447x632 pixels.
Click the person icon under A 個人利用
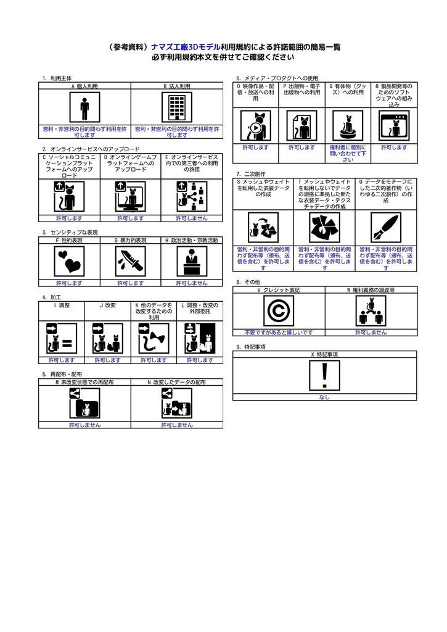(x=84, y=109)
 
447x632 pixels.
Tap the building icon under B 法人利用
(x=177, y=109)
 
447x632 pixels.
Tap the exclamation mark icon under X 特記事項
(x=324, y=376)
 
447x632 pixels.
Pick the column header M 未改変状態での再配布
(x=84, y=383)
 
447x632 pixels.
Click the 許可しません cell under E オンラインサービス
(x=191, y=218)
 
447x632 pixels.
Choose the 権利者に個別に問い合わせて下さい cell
(x=348, y=154)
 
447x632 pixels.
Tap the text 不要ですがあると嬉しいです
(x=279, y=332)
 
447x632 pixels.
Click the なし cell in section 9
(x=324, y=397)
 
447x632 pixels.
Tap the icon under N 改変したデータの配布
(x=177, y=404)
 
